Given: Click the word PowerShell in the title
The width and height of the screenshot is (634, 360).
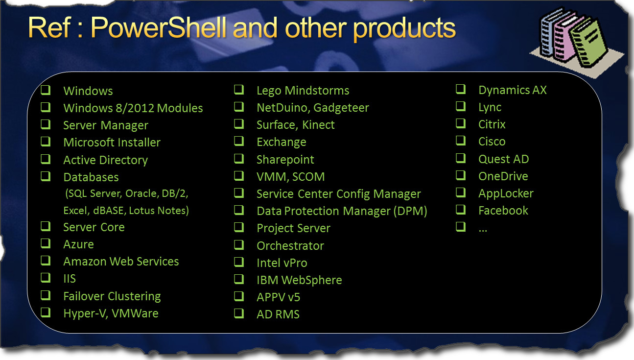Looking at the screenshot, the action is point(159,28).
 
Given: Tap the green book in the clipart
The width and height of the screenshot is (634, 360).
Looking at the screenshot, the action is point(588,43).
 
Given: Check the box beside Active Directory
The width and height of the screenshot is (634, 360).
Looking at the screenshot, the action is point(46,160).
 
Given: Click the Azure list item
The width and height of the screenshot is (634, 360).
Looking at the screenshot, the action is point(78,244).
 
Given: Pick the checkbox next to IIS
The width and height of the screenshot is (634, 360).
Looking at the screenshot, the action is point(46,278).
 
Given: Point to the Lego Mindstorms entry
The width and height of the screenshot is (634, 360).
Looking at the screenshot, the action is point(303,91).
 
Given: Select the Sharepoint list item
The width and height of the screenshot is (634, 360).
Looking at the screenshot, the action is point(285,160).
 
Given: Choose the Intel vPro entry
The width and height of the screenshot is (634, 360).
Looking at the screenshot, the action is point(282,263).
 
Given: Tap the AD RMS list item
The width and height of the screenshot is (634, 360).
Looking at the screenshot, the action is point(278,314).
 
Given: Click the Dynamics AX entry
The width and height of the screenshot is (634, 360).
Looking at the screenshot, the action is point(513,90).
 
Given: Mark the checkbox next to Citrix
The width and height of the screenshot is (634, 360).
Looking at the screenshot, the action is point(461,123).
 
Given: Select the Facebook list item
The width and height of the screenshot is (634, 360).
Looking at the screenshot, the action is point(503,211).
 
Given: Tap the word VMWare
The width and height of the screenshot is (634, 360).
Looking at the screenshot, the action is point(135,313).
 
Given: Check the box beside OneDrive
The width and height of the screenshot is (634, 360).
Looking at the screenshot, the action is point(461,175).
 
